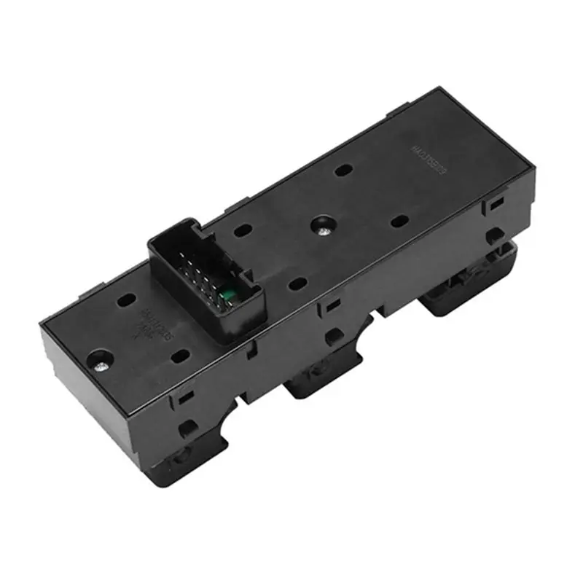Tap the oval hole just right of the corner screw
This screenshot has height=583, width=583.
[x=180, y=356]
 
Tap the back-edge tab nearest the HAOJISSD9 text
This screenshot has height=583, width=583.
[x=398, y=114]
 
